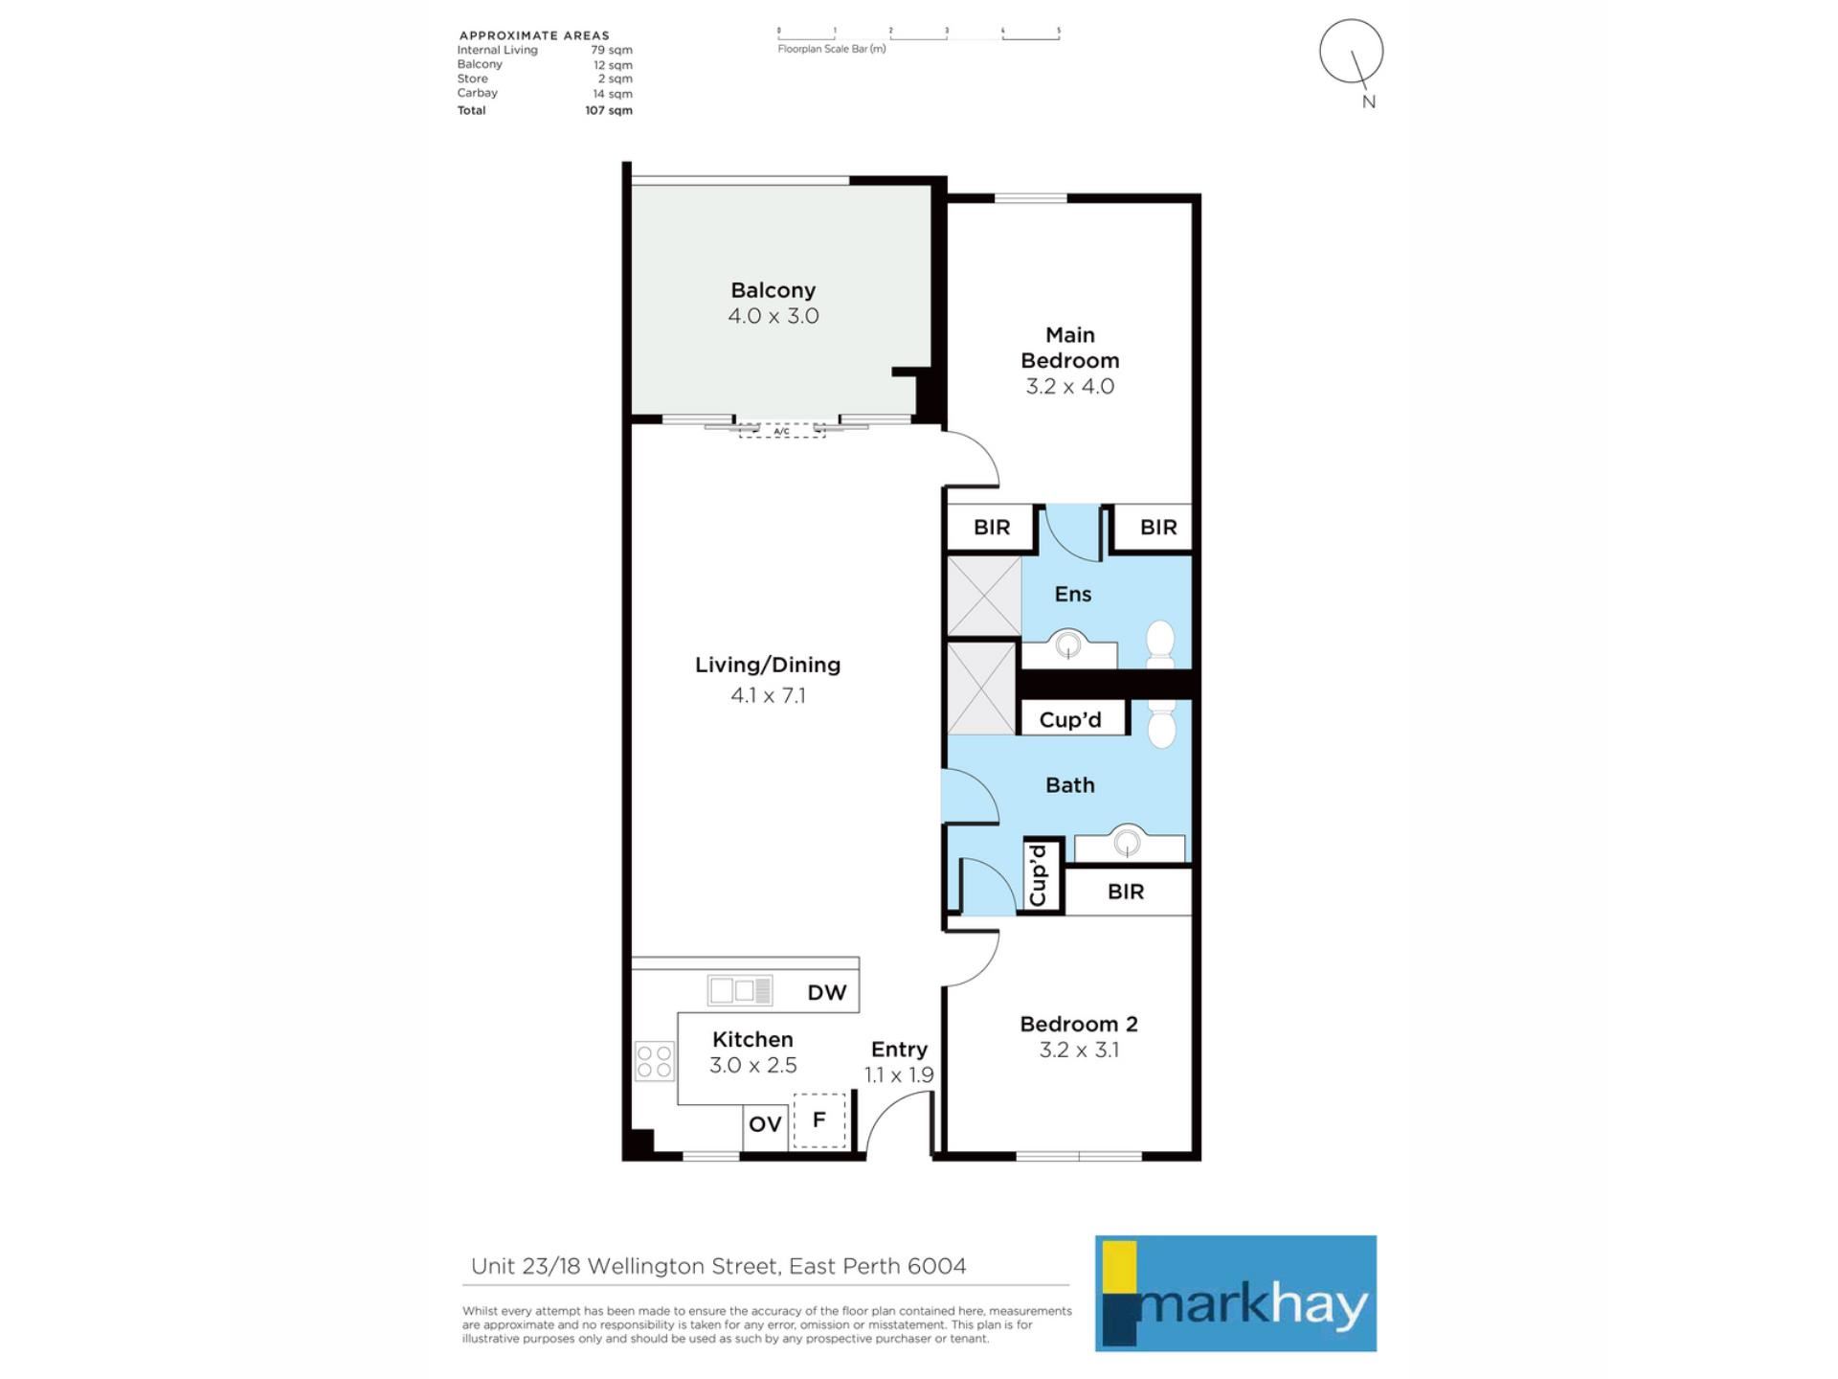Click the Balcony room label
pyautogui.click(x=773, y=290)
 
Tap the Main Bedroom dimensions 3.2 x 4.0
pyautogui.click(x=1069, y=386)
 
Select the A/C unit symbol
pyautogui.click(x=781, y=431)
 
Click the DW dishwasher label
pyautogui.click(x=827, y=992)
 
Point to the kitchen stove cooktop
pyautogui.click(x=655, y=1061)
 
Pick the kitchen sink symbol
pyautogui.click(x=740, y=990)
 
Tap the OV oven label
pyautogui.click(x=765, y=1124)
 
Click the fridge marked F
pyautogui.click(x=819, y=1119)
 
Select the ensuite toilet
pyautogui.click(x=1160, y=644)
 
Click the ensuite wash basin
pyautogui.click(x=1068, y=647)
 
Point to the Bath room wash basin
pyautogui.click(x=1129, y=844)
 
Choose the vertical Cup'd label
pyautogui.click(x=1038, y=874)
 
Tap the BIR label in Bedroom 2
pyautogui.click(x=1126, y=892)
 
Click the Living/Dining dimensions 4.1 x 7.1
pyautogui.click(x=768, y=695)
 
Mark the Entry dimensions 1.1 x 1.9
pyautogui.click(x=899, y=1074)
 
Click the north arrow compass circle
pyautogui.click(x=1351, y=51)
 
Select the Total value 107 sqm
pyautogui.click(x=609, y=110)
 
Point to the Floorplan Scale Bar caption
pyautogui.click(x=832, y=49)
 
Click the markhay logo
pyautogui.click(x=1236, y=1293)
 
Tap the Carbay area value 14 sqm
pyautogui.click(x=613, y=94)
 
